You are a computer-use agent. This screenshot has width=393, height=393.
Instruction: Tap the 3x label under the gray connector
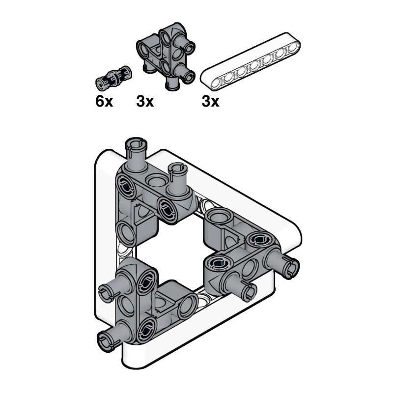[x=145, y=102]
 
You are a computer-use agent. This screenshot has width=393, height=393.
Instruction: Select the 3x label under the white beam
[x=210, y=102]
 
